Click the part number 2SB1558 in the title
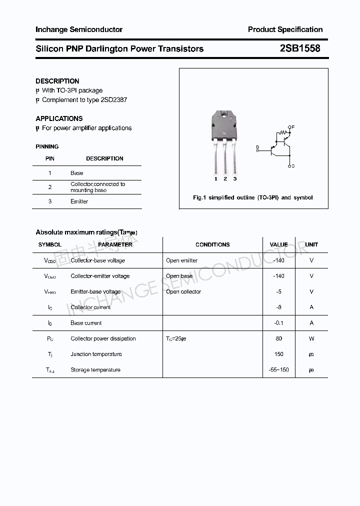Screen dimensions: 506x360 tap(300, 48)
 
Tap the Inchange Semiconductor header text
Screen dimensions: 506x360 tap(79, 29)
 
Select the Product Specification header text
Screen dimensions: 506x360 tap(285, 29)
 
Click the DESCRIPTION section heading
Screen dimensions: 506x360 tap(57, 81)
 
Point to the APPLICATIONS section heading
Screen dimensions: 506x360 tap(59, 118)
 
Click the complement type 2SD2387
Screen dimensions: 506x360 tap(114, 100)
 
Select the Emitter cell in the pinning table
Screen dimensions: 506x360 tap(79, 201)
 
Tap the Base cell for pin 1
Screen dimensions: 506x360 tap(77, 173)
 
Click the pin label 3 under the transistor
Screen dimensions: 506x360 tap(234, 178)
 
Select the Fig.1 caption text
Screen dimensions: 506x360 tap(252, 197)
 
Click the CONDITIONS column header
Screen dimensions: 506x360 tap(212, 244)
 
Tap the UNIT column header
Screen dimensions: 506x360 tap(311, 244)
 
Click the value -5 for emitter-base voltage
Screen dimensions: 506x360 tap(279, 291)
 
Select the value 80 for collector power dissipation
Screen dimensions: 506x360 tap(279, 338)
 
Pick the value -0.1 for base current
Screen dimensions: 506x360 tap(279, 323)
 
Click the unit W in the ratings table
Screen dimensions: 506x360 tap(311, 338)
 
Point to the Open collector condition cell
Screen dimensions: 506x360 tap(183, 291)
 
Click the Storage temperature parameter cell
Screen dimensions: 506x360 tap(95, 370)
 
